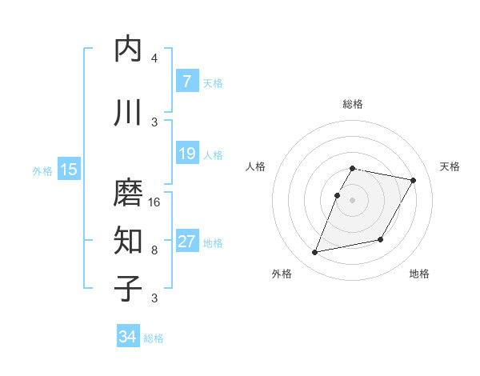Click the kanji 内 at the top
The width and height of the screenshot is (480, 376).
[128, 50]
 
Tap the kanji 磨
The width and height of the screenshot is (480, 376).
[128, 193]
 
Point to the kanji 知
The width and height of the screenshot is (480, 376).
[128, 239]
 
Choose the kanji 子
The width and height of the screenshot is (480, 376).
[128, 288]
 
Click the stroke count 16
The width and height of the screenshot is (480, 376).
[155, 202]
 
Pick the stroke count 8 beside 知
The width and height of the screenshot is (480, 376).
[154, 250]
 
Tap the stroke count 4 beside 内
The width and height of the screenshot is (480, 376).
[154, 58]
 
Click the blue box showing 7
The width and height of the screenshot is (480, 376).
[186, 82]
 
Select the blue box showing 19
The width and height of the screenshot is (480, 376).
[186, 153]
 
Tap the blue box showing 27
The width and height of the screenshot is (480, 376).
[186, 242]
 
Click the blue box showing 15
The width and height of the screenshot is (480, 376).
[68, 170]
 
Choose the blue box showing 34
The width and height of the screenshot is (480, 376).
[127, 337]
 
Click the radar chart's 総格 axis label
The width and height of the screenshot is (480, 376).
[353, 104]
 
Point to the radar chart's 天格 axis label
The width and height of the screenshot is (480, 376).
[450, 166]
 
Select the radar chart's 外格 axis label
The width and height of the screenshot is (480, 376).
[281, 274]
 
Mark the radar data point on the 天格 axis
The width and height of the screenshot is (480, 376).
[413, 181]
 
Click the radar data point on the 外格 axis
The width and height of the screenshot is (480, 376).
[315, 252]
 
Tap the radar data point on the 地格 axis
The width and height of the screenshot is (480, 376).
[381, 239]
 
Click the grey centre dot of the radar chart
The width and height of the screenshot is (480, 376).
[353, 200]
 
